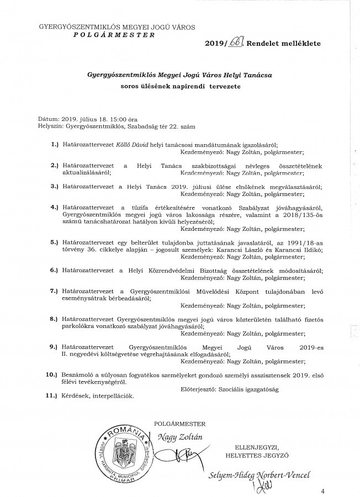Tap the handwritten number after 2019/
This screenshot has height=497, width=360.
(x=239, y=42)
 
